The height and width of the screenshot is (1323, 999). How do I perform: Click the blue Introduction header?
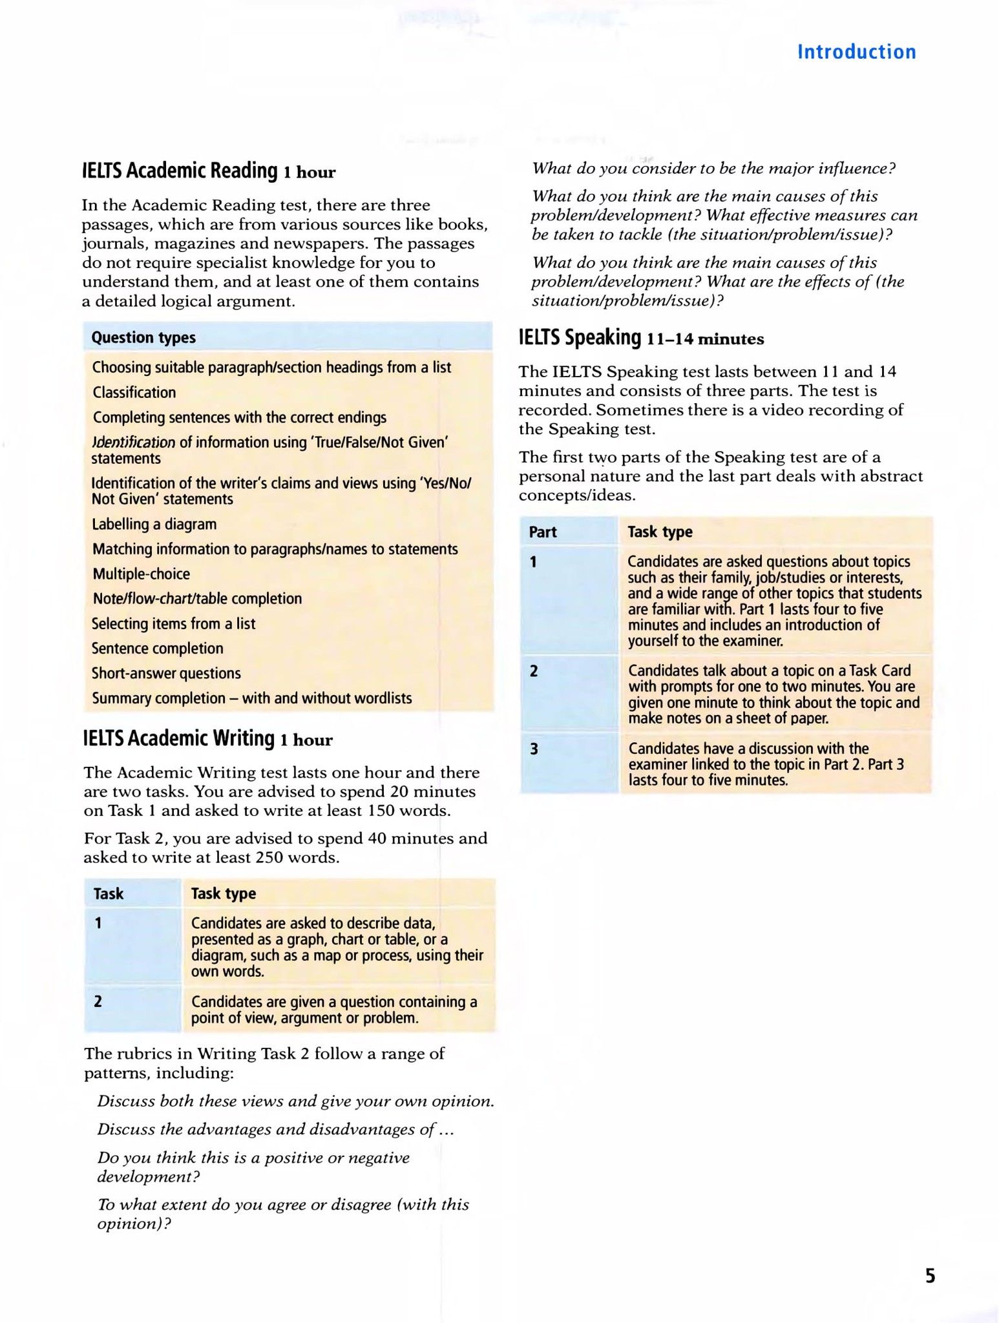856,52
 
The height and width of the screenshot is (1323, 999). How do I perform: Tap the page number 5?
930,1275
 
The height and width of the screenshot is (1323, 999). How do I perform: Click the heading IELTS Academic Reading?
180,171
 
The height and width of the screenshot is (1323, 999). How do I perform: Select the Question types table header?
143,337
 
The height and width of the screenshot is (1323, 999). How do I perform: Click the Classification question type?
134,392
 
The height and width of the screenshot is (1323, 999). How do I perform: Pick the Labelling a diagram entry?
154,524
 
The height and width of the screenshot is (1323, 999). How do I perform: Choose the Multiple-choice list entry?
142,574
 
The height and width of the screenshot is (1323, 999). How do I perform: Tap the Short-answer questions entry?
166,673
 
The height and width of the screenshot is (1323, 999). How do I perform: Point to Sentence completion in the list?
158,648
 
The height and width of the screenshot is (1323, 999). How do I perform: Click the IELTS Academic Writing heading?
179,738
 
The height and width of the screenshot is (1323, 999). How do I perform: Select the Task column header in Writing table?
109,893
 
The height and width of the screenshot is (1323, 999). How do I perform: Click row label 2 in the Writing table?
98,1001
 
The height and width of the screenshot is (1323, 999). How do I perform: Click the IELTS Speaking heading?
580,337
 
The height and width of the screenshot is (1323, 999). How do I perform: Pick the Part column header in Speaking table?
543,532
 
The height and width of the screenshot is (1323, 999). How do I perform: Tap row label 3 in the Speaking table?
534,749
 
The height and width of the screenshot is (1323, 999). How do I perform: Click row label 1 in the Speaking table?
534,562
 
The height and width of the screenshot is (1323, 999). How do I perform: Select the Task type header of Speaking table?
660,532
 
